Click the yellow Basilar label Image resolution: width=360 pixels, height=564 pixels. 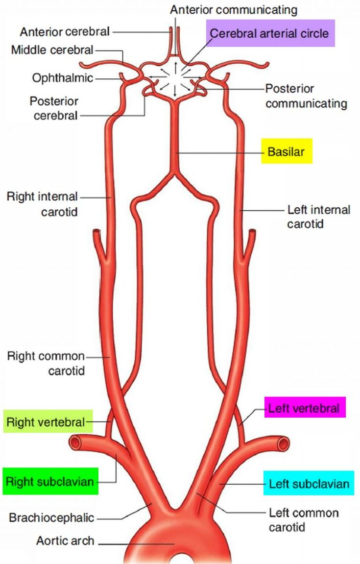tap(286, 152)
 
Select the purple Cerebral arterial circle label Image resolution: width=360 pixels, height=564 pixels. tap(270, 33)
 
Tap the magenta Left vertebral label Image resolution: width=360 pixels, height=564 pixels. tap(305, 408)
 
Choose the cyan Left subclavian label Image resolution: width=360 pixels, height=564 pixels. tap(309, 484)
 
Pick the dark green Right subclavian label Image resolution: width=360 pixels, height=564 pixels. tap(50, 481)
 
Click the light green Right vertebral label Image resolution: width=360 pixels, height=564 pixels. tap(48, 421)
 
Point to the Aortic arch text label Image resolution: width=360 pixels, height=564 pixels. tap(65, 541)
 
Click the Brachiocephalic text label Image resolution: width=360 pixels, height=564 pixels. tap(51, 517)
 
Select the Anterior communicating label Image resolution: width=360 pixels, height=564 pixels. tap(233, 9)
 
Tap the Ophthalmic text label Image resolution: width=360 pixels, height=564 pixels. tap(62, 78)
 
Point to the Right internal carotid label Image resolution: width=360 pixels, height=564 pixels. tap(42, 204)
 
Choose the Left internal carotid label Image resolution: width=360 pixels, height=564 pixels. tap(318, 217)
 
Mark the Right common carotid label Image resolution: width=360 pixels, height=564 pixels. tap(46, 363)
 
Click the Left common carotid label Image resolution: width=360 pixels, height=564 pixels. tap(304, 520)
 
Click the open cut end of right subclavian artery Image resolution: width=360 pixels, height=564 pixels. tap(75, 443)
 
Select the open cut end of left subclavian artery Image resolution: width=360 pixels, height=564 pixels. tap(283, 444)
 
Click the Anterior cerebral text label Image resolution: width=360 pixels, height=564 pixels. tap(65, 32)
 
